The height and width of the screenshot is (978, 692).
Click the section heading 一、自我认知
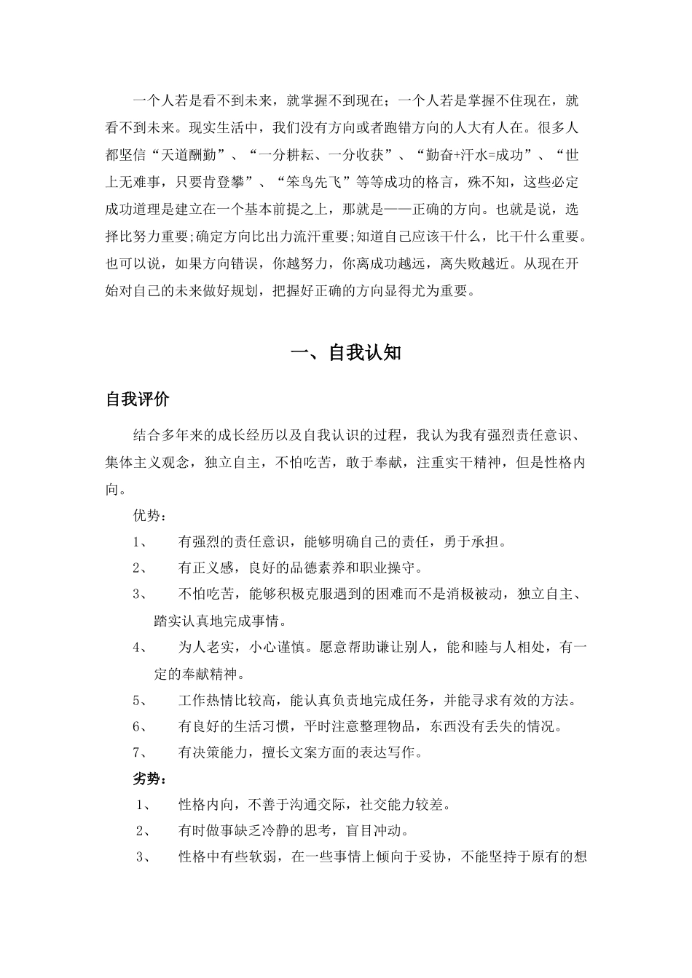point(346,353)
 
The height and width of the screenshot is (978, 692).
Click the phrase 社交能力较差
point(404,804)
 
